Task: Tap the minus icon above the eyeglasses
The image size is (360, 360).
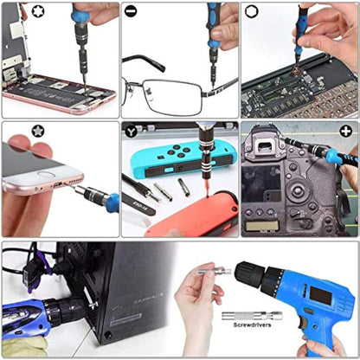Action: [130, 11]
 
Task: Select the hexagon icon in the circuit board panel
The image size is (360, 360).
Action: [250, 11]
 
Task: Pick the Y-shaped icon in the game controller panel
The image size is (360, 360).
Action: [131, 130]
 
